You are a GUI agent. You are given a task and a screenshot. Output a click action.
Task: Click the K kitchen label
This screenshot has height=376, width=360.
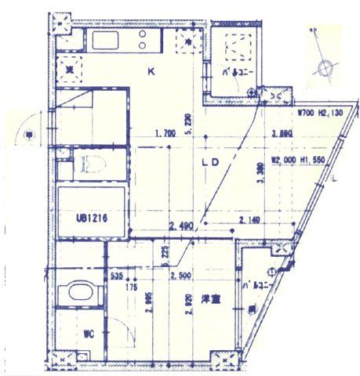151,73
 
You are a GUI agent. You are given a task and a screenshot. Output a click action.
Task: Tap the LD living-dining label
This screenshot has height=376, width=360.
209,164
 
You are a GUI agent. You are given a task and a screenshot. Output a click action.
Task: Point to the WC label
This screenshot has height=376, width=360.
89,334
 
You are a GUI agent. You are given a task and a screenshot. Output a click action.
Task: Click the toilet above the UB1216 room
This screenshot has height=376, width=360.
89,165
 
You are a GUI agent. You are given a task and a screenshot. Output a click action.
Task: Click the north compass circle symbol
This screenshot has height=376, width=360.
325,68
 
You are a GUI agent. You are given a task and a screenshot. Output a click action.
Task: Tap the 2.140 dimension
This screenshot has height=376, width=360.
251,220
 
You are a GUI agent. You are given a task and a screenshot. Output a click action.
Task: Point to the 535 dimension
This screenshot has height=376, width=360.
117,277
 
